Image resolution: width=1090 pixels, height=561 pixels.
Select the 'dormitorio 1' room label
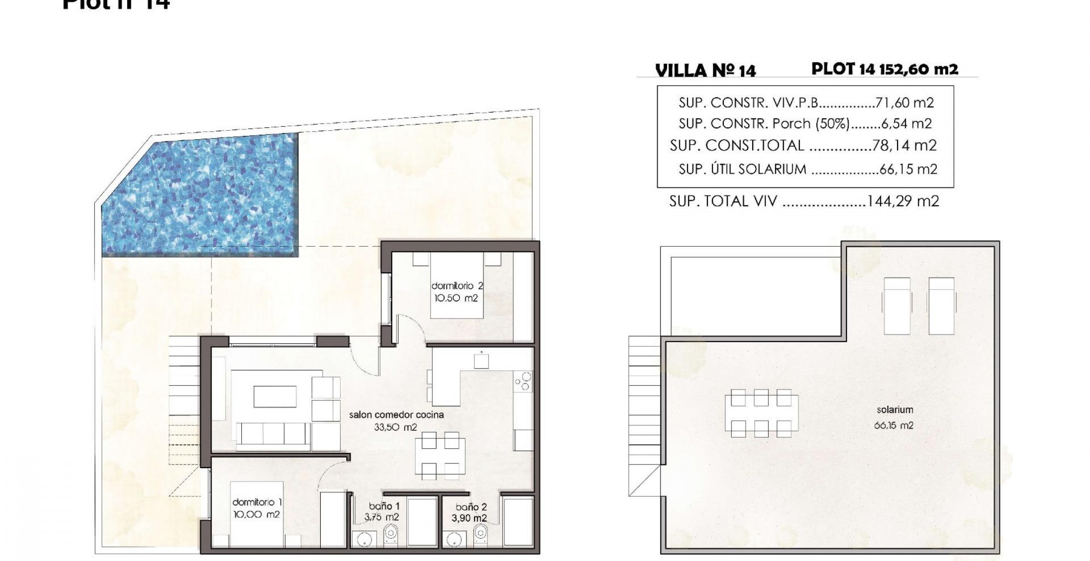pyautogui.click(x=257, y=502)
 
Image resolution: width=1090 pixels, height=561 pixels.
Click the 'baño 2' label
pyautogui.click(x=471, y=507)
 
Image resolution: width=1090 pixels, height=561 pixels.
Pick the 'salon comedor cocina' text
pyautogui.click(x=396, y=415)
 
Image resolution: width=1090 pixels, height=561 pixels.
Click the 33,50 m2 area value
pyautogui.click(x=396, y=427)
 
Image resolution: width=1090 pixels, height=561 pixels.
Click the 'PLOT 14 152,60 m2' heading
pyautogui.click(x=884, y=69)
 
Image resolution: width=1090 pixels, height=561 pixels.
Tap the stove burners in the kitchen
pyautogui.click(x=523, y=382)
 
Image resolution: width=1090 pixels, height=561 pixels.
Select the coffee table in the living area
pyautogui.click(x=275, y=397)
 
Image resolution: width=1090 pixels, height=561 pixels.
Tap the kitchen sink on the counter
pyautogui.click(x=482, y=361)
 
